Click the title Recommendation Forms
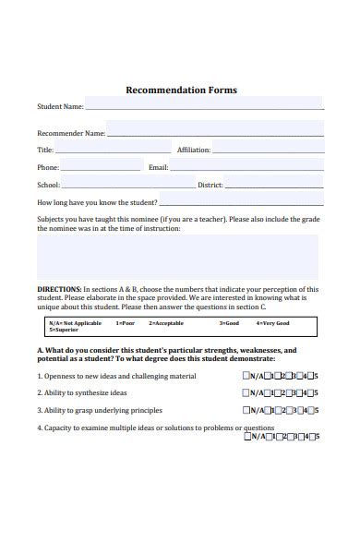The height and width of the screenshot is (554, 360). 181,90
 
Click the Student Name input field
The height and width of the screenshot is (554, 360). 204,104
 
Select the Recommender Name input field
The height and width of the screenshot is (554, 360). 215,130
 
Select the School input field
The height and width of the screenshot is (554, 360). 128,184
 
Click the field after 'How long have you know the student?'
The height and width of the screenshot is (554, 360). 241,200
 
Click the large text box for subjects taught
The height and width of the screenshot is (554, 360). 177,257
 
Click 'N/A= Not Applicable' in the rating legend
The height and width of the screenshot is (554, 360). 74,324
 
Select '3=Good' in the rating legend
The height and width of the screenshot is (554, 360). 229,324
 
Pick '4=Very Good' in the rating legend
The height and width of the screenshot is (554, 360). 273,324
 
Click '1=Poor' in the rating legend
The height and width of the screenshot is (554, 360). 125,324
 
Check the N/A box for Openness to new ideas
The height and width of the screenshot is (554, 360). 246,377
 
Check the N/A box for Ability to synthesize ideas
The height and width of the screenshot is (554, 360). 246,393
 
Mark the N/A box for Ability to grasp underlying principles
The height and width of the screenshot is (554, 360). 246,410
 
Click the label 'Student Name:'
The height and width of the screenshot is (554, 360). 60,107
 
